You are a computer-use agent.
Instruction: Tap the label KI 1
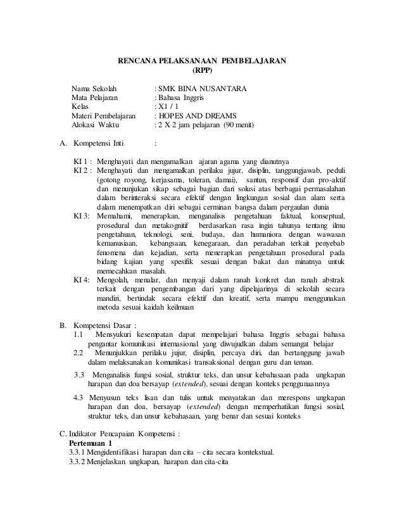[x=82, y=160]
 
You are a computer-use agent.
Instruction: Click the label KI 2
[x=82, y=169]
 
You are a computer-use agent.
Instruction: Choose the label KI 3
[x=82, y=217]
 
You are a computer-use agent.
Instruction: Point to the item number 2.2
[x=79, y=353]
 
